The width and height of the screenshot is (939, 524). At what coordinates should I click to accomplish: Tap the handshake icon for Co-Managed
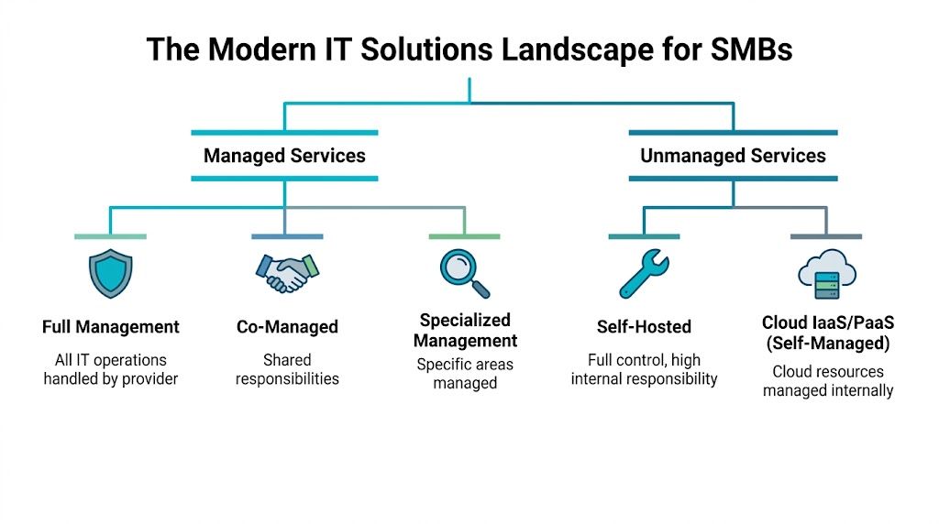point(286,272)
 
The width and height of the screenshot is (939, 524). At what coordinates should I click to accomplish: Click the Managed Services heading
point(284,156)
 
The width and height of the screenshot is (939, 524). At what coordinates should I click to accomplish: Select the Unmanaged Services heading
point(733,156)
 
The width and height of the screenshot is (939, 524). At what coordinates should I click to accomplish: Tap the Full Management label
point(111,327)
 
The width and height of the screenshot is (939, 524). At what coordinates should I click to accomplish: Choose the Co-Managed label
point(287,327)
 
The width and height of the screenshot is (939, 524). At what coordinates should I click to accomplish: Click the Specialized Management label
point(465,331)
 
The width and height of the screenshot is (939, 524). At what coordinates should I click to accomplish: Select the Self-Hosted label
point(644,327)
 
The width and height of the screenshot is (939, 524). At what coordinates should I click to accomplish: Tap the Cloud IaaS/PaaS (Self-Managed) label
point(826,333)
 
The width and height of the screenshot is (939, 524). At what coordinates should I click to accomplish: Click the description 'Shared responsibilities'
point(287,369)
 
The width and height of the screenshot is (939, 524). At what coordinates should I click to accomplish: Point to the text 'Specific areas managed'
point(465,374)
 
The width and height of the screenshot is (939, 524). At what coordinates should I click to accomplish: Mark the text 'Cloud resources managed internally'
point(827,381)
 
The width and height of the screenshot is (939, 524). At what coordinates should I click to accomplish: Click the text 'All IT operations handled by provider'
point(111,369)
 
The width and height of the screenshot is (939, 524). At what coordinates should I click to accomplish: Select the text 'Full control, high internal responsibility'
point(644,369)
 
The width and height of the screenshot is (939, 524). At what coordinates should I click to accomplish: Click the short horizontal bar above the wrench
point(644,236)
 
